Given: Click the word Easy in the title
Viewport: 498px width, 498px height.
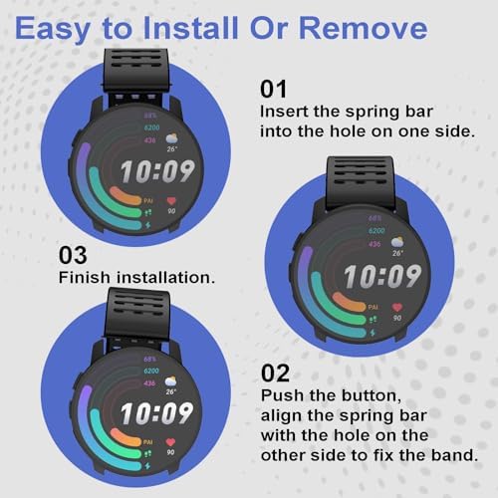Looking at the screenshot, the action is point(52,30).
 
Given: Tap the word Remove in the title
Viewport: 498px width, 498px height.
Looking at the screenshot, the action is point(364,28).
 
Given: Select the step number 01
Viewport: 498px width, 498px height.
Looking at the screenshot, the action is point(273,90).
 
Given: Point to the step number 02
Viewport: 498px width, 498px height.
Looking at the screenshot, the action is point(275,373).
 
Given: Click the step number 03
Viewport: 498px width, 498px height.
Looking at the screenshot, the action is point(73,255).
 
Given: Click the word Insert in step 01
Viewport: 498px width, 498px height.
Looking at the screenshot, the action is point(284,112).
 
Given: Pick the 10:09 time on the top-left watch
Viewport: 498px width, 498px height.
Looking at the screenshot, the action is point(157,171).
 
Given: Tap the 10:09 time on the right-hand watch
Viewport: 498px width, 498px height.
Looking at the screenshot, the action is point(382,276).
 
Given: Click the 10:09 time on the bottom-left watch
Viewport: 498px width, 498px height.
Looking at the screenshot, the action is point(156,413).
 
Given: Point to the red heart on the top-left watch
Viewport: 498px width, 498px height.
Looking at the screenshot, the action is point(171,201).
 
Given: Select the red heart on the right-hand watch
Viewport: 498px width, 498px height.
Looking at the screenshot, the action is point(397,307).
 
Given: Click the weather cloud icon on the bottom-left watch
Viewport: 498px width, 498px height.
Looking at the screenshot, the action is point(170,381).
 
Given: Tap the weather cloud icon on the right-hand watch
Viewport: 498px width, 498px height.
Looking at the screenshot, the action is point(397,242).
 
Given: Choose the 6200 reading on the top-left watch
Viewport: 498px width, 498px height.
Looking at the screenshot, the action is point(151,127).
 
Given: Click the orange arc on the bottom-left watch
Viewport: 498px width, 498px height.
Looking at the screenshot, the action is point(124,436).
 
